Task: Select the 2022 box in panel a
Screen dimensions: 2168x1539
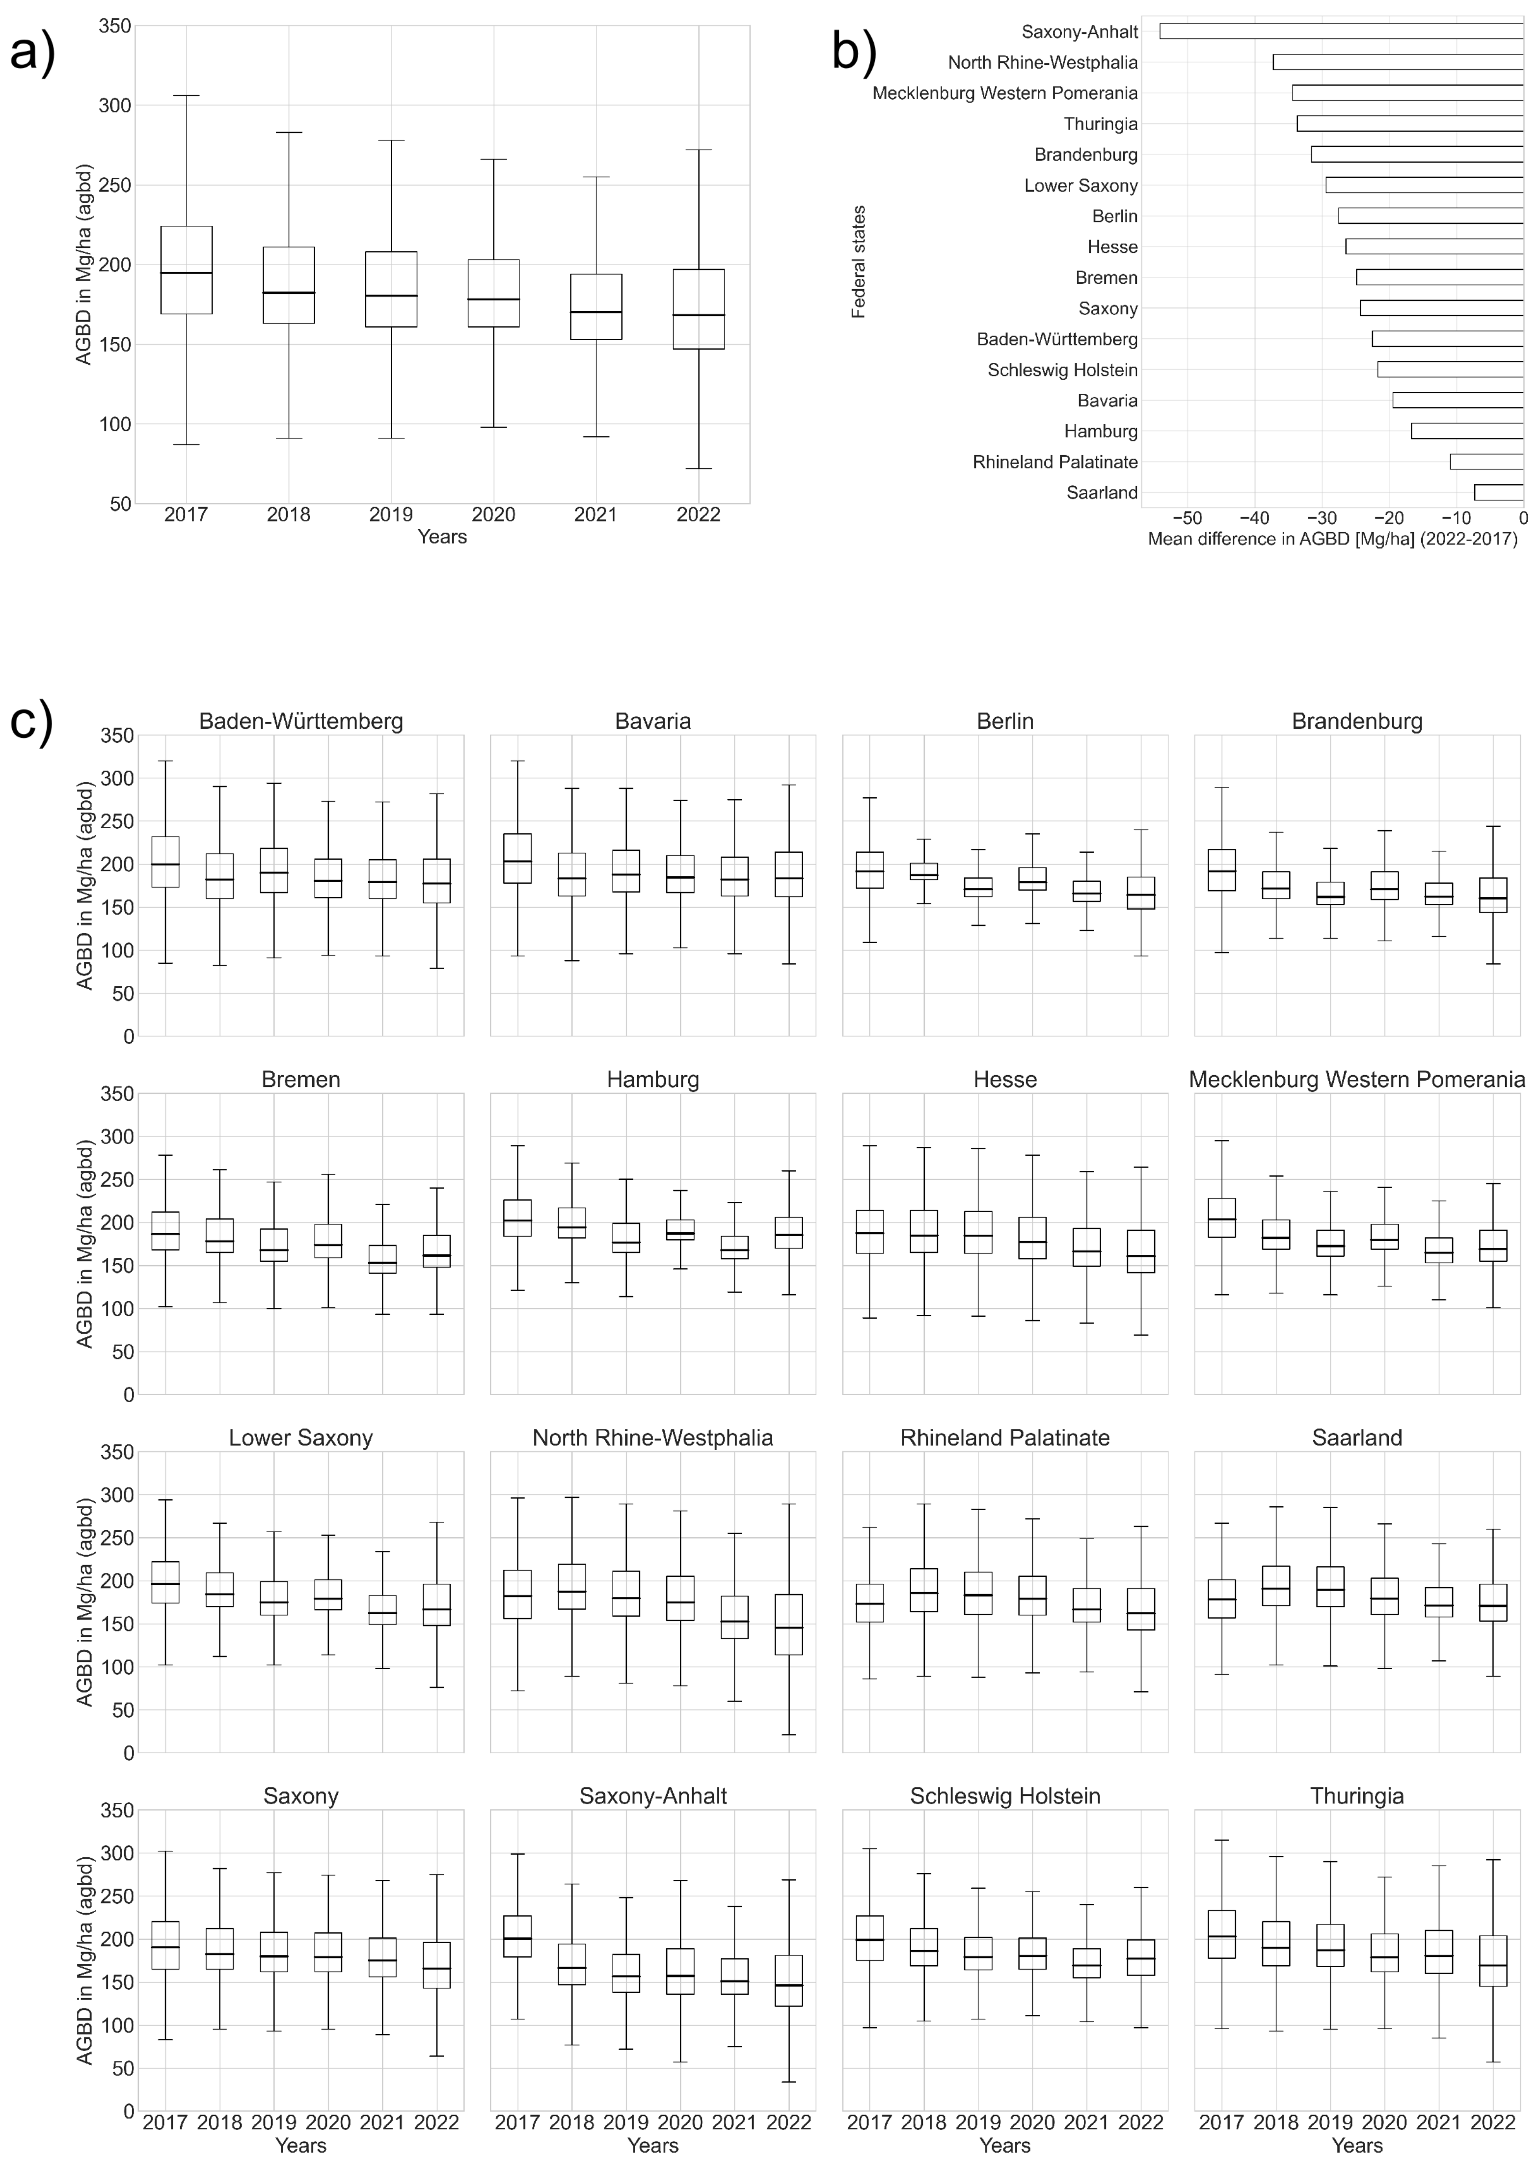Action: (x=699, y=309)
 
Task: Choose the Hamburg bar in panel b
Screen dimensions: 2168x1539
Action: (x=1467, y=431)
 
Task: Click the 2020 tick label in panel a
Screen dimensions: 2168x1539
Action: (x=493, y=515)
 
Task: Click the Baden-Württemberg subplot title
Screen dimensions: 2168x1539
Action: (x=300, y=721)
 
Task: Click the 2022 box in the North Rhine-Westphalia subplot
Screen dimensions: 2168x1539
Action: (x=788, y=1624)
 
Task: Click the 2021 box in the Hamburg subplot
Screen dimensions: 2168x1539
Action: (x=734, y=1247)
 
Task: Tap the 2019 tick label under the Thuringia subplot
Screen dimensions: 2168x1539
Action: (x=1329, y=2122)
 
